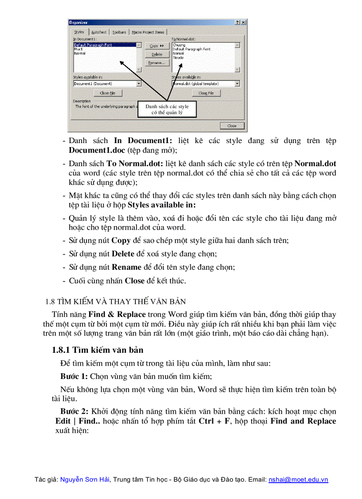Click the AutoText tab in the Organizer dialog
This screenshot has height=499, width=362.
99,32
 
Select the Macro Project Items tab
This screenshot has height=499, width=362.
148,32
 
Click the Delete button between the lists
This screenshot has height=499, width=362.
157,54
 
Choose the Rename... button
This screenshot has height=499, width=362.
157,63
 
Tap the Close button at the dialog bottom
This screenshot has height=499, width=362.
232,126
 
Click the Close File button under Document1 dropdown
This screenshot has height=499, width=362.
107,93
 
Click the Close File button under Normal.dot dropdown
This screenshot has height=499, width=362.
206,93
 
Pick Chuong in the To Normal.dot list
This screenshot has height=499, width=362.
179,45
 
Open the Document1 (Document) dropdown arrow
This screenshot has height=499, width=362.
139,84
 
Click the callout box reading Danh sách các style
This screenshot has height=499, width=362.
167,109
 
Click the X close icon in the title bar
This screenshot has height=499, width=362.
244,22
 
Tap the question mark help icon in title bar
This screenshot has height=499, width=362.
238,22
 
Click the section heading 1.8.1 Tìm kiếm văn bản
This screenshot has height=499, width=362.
97,350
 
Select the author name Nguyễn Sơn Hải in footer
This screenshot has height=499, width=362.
85,480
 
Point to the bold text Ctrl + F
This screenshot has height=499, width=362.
214,421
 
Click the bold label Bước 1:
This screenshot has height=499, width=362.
74,376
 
